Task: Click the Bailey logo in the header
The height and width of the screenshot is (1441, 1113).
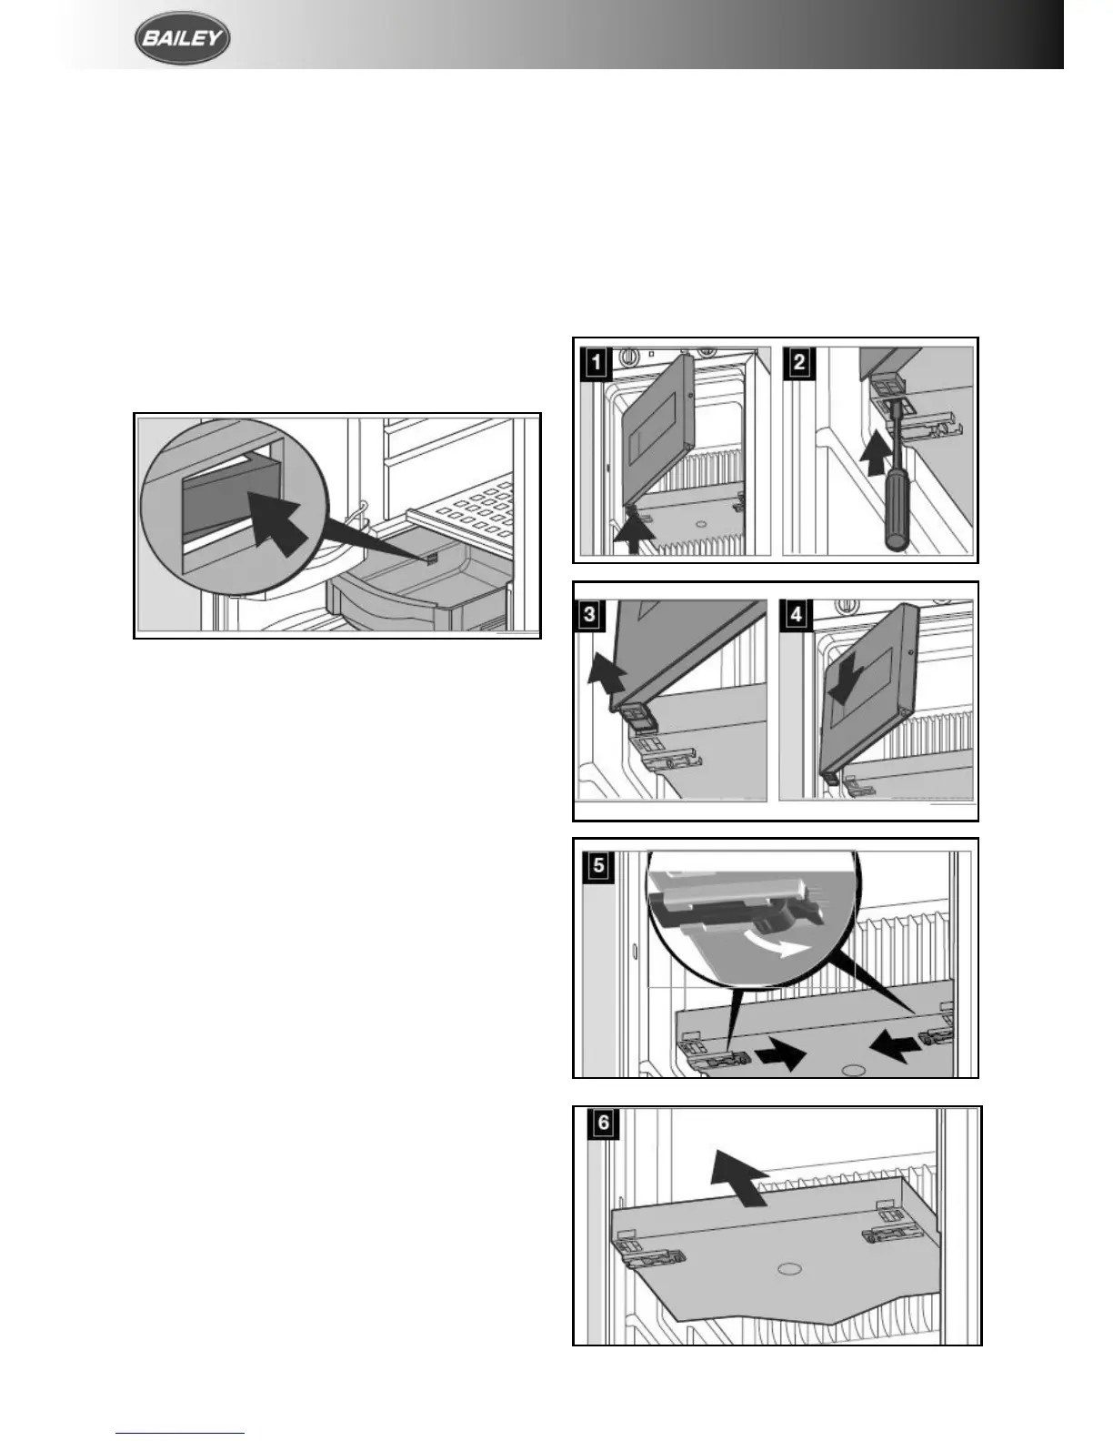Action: (x=182, y=40)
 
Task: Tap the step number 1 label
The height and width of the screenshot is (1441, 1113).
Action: (x=596, y=364)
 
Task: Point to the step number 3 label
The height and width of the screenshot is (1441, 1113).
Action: (x=590, y=614)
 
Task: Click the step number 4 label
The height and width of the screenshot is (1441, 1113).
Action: (x=797, y=614)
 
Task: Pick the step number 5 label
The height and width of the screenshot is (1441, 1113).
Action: (x=599, y=865)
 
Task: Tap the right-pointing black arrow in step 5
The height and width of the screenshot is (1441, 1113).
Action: (x=782, y=1054)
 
